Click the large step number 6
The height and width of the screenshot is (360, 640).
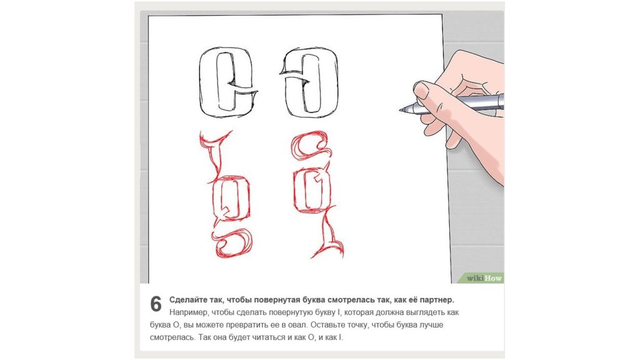click(x=156, y=304)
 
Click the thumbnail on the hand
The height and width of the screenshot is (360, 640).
click(x=421, y=89)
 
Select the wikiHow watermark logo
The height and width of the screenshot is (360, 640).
click(x=484, y=278)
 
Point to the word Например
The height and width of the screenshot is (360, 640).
click(x=189, y=312)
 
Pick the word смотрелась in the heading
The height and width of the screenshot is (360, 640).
click(x=362, y=300)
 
